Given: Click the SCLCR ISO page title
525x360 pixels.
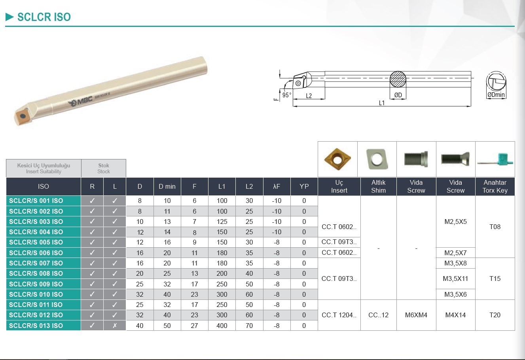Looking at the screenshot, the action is click(44, 17).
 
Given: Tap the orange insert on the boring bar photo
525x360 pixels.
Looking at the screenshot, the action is click(22, 116).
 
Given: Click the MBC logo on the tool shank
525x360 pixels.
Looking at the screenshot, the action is click(80, 102).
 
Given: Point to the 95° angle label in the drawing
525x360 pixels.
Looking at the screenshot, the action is click(287, 95).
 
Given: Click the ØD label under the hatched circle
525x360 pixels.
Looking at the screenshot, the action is click(398, 95).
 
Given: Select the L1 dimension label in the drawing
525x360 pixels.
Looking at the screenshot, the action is click(382, 103).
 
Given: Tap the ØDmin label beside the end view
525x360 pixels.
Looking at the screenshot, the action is click(496, 95).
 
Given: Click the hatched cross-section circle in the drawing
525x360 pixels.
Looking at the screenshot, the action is click(398, 80).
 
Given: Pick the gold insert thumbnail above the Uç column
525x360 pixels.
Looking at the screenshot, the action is click(337, 159).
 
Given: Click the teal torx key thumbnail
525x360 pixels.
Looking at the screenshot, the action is click(495, 160).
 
